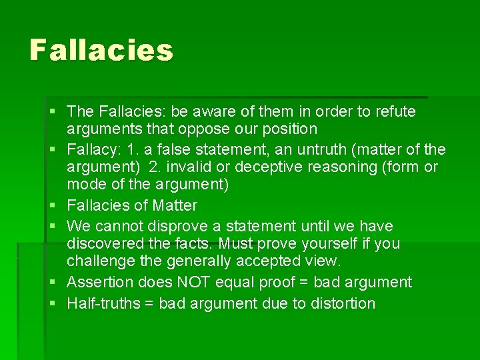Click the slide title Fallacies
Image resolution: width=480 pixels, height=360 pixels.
(101, 50)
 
